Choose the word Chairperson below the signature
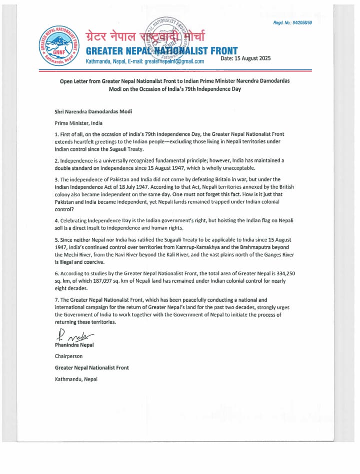68,356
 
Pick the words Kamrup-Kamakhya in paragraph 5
208,248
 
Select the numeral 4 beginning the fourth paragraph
56,220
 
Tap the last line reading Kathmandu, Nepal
76,379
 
